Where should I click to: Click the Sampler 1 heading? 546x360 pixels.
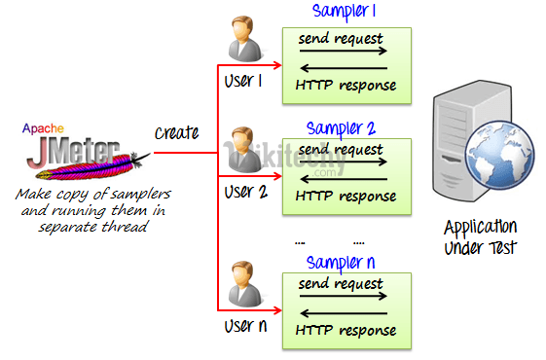click(345, 12)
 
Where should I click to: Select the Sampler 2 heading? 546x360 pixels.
click(341, 128)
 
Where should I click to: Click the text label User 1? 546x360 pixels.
click(243, 82)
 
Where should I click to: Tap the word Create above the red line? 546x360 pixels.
click(176, 132)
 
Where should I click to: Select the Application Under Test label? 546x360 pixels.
click(480, 237)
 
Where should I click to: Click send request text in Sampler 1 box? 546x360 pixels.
click(340, 39)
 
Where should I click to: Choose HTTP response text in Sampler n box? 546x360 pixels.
click(346, 331)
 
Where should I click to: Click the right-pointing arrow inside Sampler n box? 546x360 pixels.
click(345, 298)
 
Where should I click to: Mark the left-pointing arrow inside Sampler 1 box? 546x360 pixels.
click(345, 68)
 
